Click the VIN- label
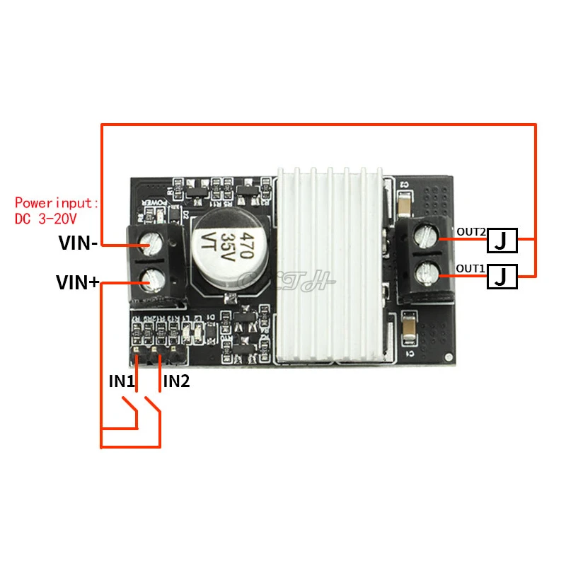(78, 246)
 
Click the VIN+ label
(78, 283)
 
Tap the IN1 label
(121, 381)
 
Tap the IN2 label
(176, 381)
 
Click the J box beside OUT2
(501, 241)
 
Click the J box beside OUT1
(501, 277)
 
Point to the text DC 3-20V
(46, 219)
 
